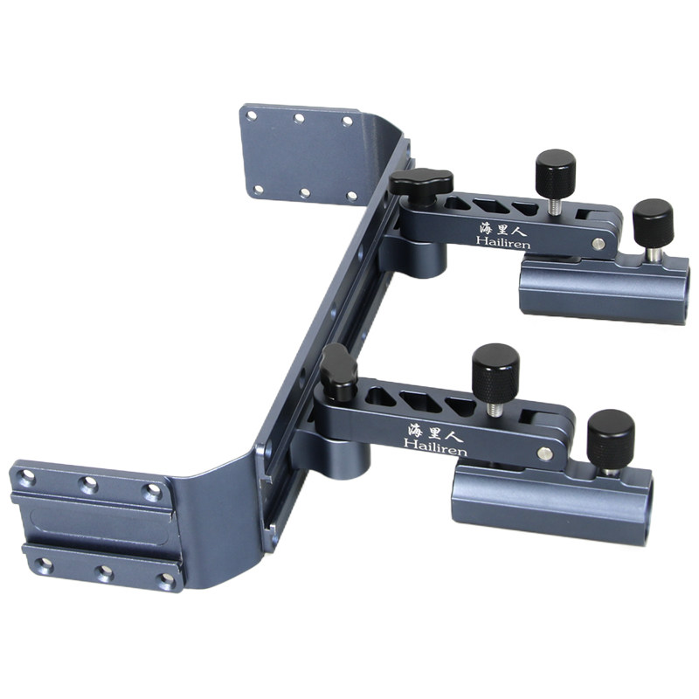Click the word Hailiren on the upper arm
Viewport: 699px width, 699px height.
503,243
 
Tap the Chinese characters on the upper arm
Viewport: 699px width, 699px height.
503,228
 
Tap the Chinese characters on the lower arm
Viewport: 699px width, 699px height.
434,432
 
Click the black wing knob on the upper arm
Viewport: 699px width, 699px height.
421,183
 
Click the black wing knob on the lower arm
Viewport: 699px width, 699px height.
339,367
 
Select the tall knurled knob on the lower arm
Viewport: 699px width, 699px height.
495,372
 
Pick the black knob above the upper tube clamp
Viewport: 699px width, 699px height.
653,223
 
